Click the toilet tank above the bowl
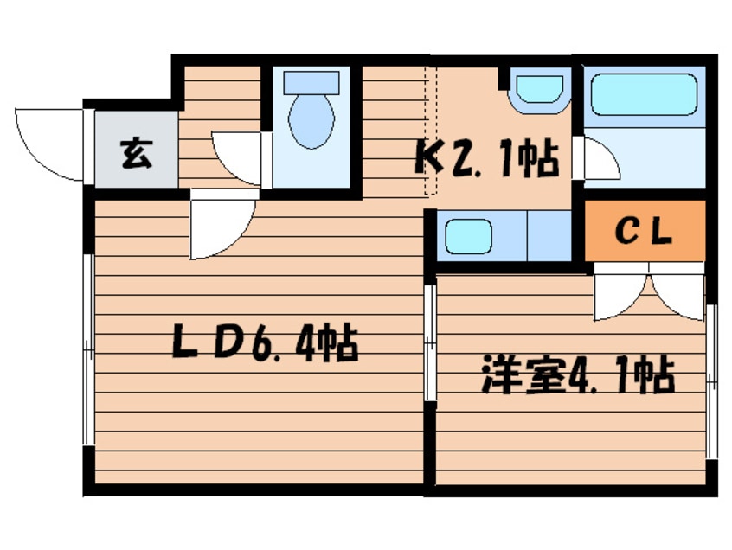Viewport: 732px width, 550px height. [x=311, y=83]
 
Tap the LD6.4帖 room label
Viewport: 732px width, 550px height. [x=265, y=345]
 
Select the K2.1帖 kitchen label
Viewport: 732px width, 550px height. [x=487, y=158]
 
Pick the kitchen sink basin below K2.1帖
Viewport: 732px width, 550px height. [x=467, y=235]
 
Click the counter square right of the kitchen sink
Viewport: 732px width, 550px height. [x=549, y=234]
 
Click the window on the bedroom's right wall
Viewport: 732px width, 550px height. [x=711, y=381]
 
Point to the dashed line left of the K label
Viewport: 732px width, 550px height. [x=431, y=130]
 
